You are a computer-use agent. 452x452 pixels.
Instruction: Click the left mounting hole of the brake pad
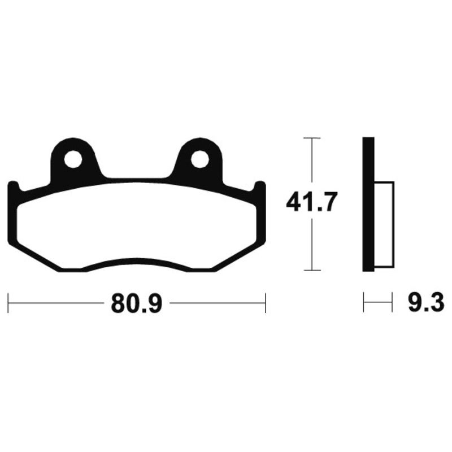[x=72, y=160]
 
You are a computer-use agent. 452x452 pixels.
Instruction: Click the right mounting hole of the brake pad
[x=199, y=160]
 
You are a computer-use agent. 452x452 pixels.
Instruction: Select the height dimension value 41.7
[x=311, y=202]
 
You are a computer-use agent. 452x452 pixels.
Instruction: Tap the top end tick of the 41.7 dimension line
[x=312, y=138]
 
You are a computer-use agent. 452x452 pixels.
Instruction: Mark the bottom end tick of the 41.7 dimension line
[x=312, y=270]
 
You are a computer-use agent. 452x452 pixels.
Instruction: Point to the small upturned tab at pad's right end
[x=260, y=189]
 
